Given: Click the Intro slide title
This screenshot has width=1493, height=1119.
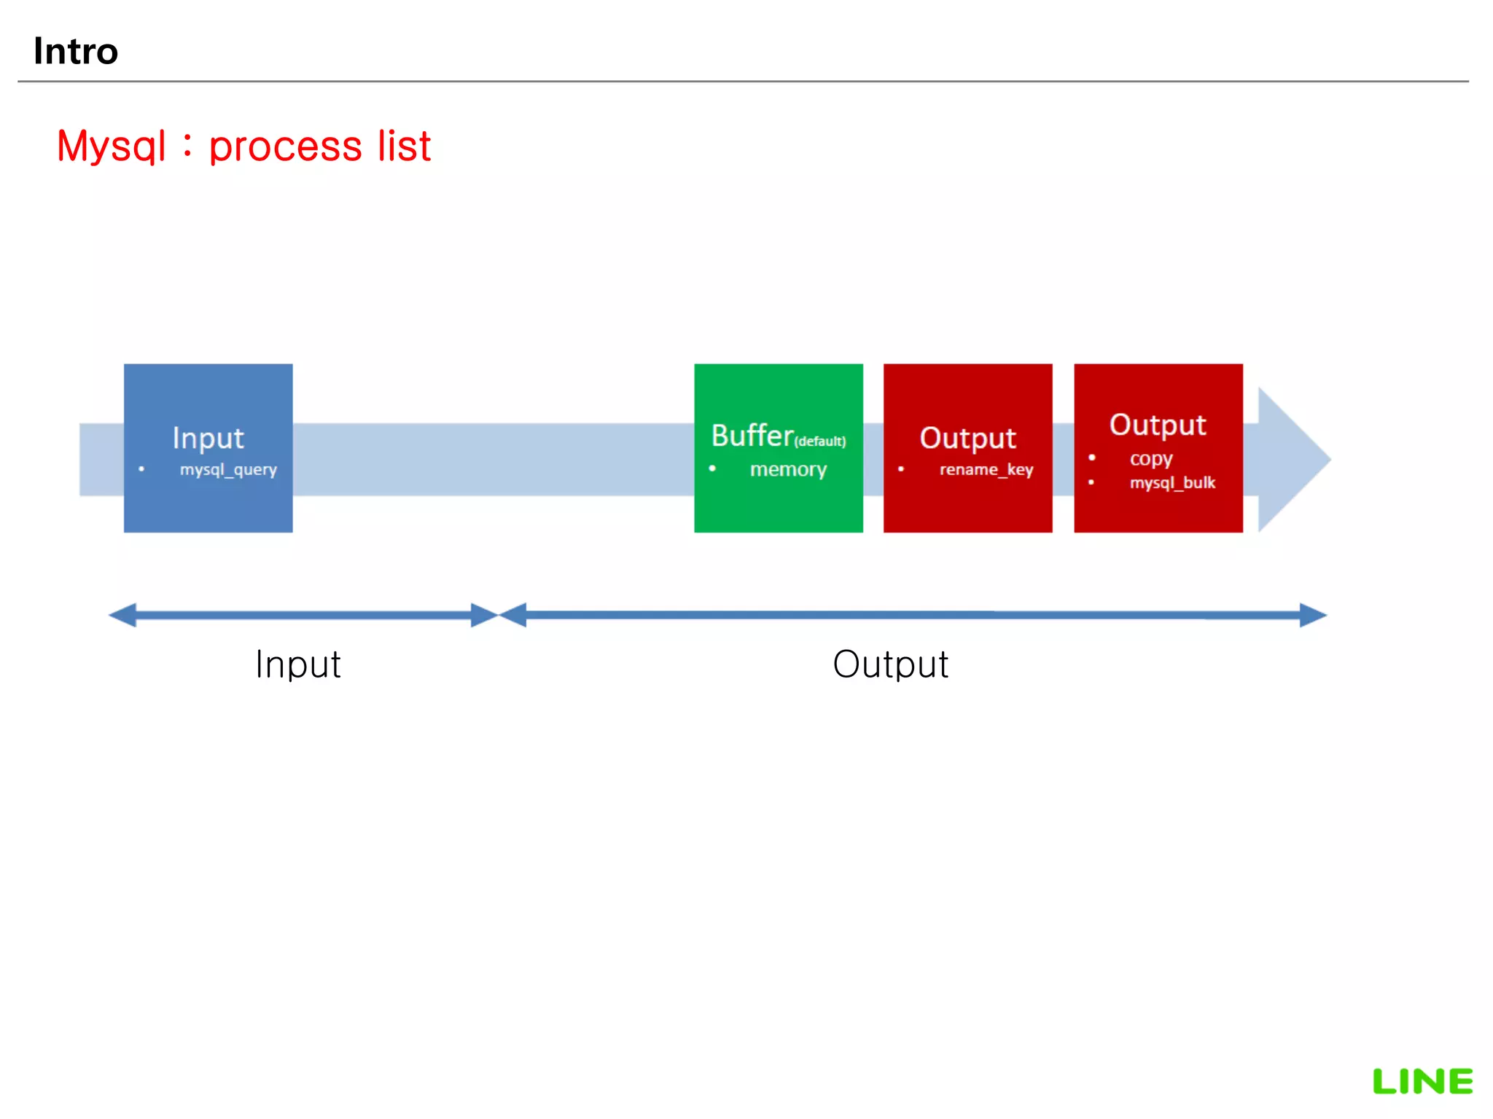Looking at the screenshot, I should [76, 51].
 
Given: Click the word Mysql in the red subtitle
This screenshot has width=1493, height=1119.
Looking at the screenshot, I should [112, 146].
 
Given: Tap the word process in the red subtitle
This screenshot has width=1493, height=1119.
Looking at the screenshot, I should [285, 146].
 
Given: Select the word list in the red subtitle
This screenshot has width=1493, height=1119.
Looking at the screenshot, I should [404, 146].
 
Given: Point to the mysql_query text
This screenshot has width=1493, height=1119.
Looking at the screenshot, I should [228, 470].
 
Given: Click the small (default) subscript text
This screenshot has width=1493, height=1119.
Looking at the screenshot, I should [820, 441].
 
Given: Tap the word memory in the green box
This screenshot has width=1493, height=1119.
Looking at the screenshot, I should [788, 470].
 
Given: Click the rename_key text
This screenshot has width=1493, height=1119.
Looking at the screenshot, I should [986, 470].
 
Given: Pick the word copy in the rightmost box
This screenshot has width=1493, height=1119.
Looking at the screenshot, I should [1151, 459].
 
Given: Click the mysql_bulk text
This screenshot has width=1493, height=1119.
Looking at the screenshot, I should [1172, 483].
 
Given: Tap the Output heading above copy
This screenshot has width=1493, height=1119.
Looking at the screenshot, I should [1158, 425].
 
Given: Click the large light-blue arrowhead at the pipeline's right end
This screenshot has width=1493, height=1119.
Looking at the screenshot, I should [1290, 460].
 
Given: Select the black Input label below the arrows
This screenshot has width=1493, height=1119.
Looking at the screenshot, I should [297, 664].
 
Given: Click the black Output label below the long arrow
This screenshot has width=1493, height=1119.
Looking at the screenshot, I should [890, 664].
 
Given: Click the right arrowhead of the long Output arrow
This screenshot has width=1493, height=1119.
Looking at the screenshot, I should [1312, 615].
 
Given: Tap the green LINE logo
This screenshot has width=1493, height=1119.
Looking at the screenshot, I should [1422, 1081].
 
